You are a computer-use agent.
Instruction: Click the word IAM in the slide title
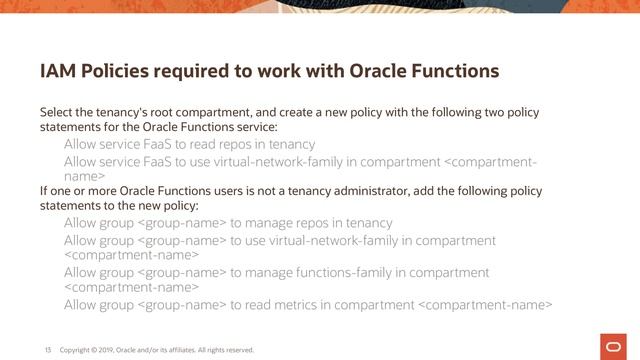[56, 72]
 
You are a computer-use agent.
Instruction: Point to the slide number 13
[47, 350]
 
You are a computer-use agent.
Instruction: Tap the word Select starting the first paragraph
[57, 111]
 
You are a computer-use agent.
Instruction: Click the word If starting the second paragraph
[44, 190]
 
